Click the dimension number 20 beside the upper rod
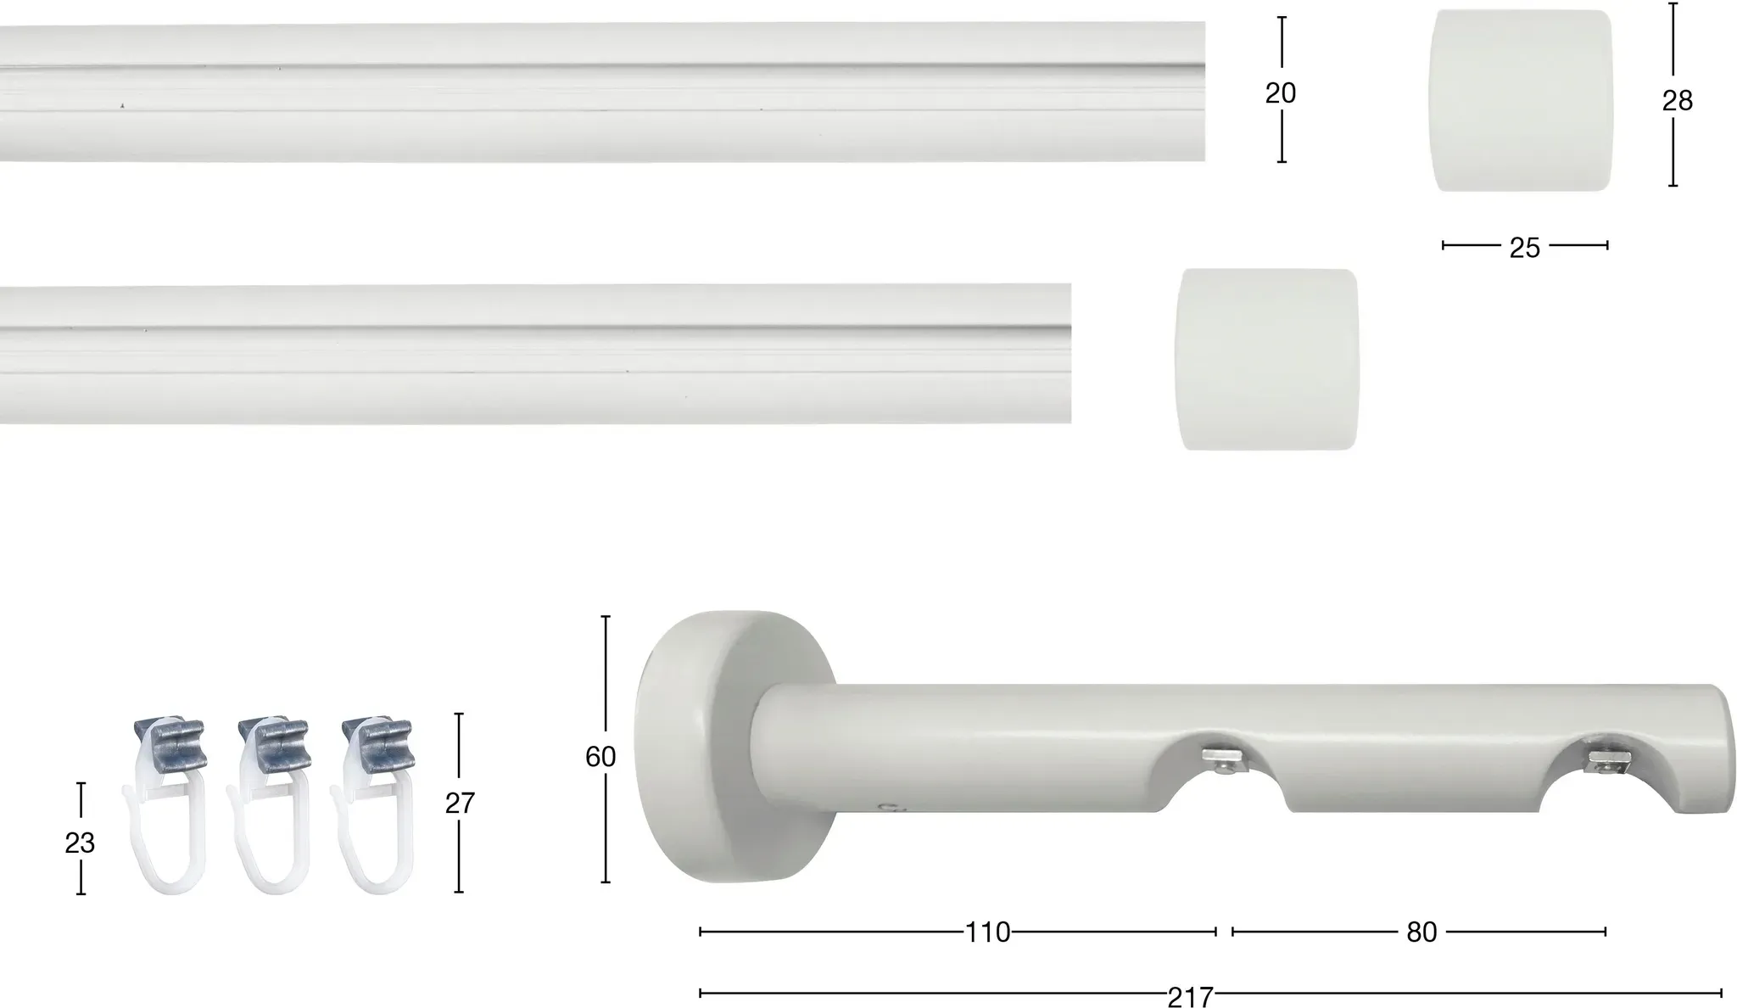point(1281,92)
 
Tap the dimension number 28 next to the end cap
point(1677,101)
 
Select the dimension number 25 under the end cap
point(1524,248)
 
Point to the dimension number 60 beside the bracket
point(600,756)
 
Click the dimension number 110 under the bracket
point(988,932)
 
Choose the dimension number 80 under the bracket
point(1421,932)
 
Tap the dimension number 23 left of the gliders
point(80,843)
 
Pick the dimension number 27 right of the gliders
point(460,803)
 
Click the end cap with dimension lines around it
point(1522,100)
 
